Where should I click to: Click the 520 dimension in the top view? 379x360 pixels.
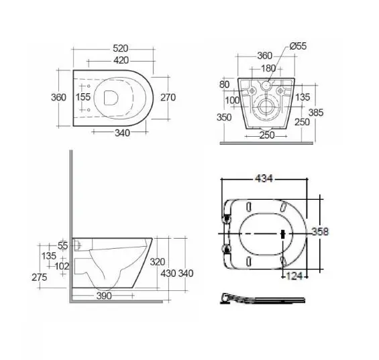(x=120, y=48)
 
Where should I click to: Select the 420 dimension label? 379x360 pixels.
(x=121, y=60)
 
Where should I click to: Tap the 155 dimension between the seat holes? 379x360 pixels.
(x=83, y=97)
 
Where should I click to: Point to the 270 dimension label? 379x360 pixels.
(x=168, y=97)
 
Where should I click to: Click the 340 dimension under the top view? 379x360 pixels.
(x=122, y=133)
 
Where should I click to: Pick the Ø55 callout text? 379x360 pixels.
(x=298, y=46)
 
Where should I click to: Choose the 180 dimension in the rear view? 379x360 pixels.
(x=268, y=68)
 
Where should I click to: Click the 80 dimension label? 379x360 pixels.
(x=225, y=84)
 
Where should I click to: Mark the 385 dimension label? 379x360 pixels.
(x=316, y=113)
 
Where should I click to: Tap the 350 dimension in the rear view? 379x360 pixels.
(x=224, y=117)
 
